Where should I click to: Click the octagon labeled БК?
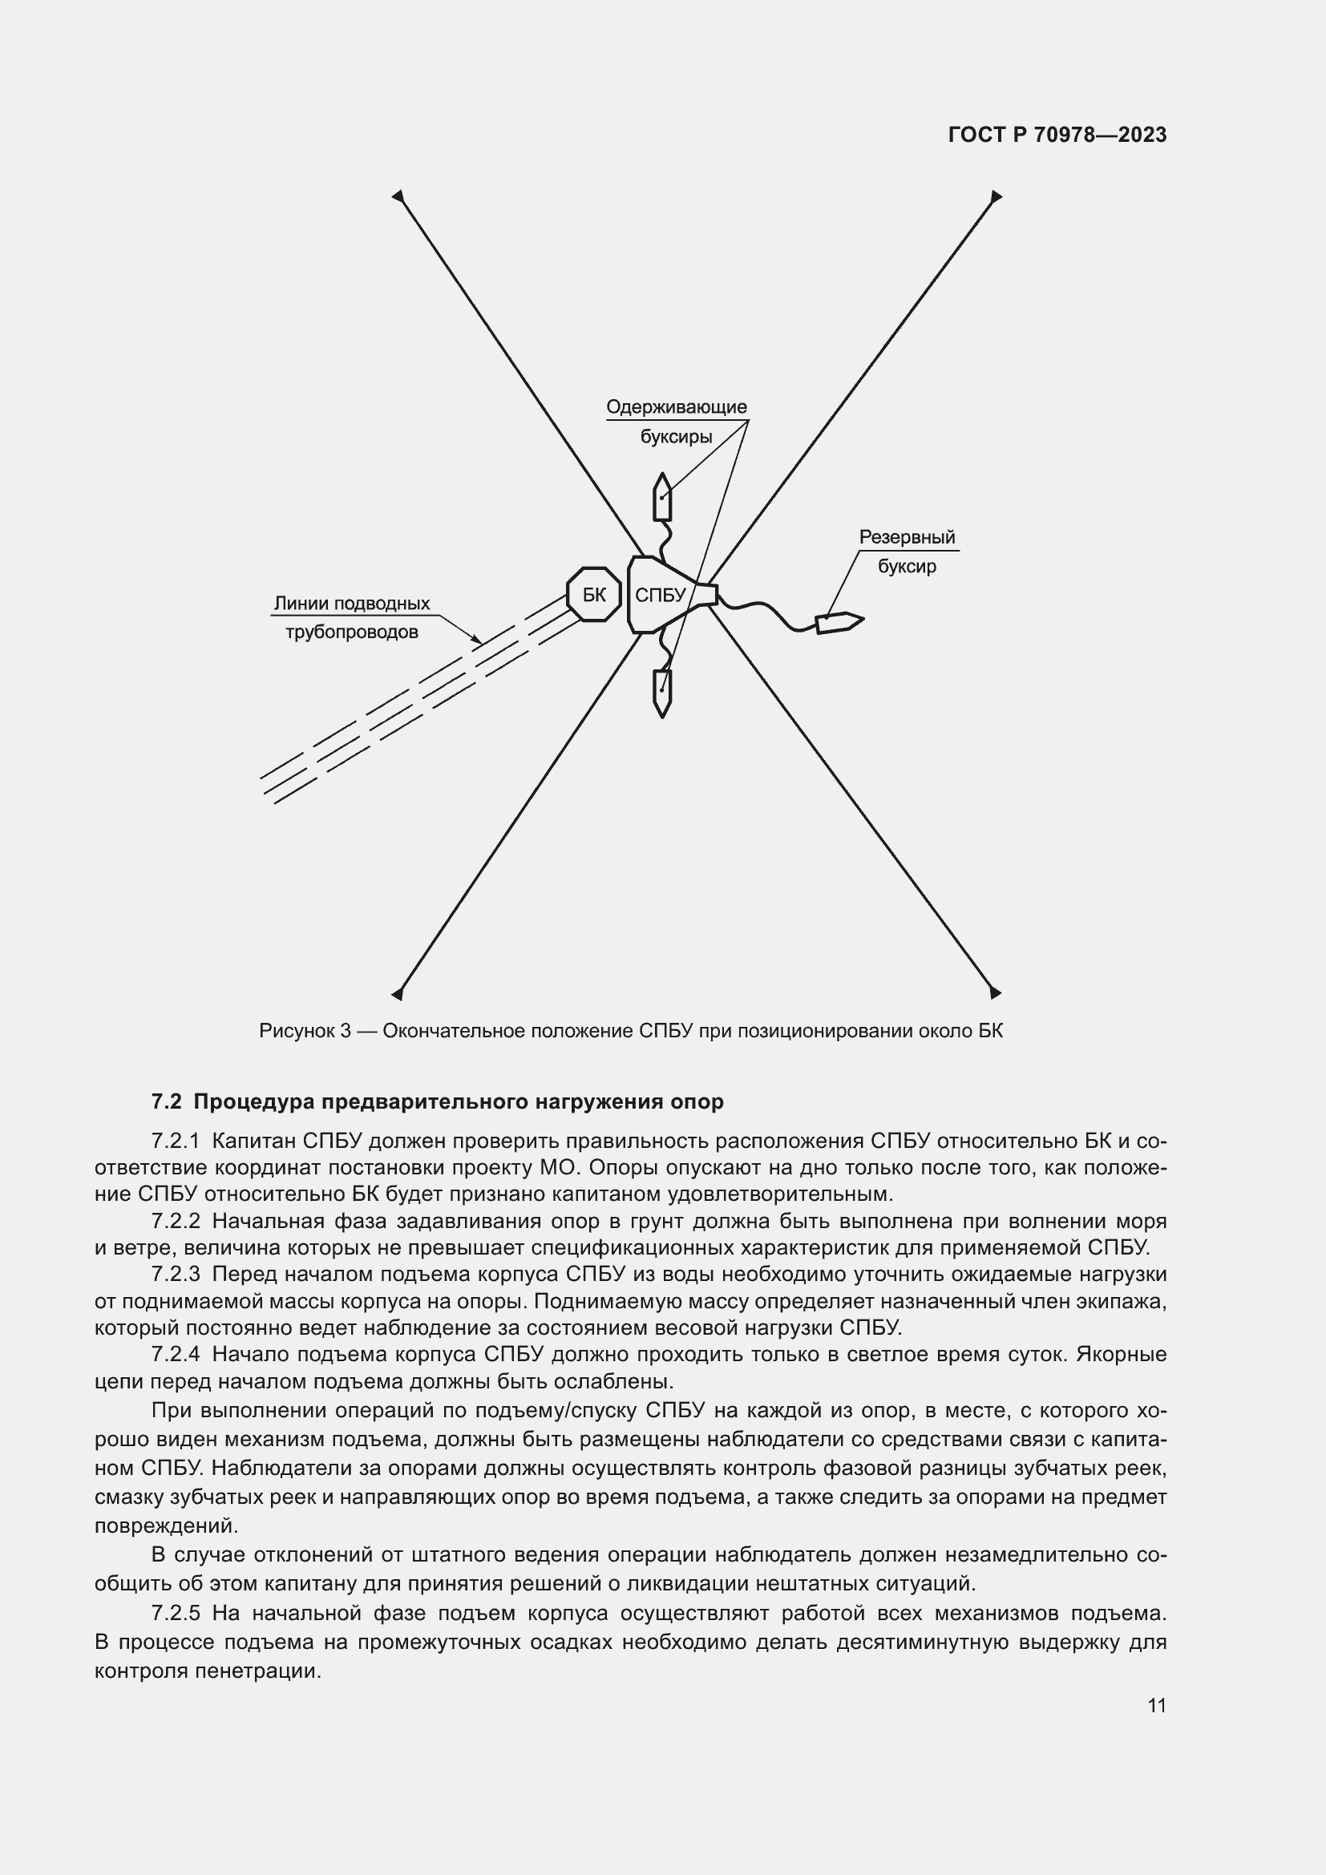(593, 595)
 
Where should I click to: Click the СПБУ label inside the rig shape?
(660, 596)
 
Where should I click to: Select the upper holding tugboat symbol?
(662, 497)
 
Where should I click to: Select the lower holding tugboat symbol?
(662, 693)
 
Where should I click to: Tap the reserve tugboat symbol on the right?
(839, 623)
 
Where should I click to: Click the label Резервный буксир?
(908, 552)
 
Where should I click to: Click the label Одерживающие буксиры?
(676, 421)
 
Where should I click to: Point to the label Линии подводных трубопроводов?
(351, 617)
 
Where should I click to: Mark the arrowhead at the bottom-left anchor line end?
(398, 993)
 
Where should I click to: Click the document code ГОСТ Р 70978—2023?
(1057, 135)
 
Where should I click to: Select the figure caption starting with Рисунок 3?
(630, 1031)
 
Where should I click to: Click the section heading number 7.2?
(166, 1101)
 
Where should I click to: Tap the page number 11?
(1156, 1705)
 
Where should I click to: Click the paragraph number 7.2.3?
(176, 1274)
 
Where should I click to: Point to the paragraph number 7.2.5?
(176, 1613)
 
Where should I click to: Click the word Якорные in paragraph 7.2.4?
(1121, 1354)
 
